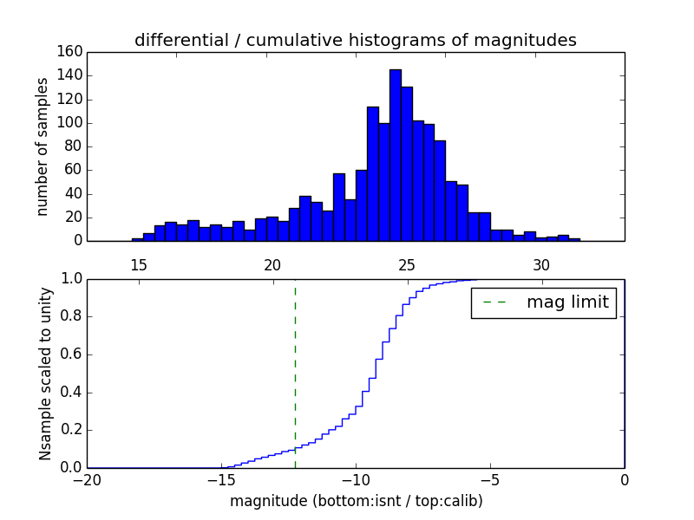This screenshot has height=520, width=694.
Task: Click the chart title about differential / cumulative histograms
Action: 355,41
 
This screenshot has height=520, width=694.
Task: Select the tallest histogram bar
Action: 395,156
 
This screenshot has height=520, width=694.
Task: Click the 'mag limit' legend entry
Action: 543,302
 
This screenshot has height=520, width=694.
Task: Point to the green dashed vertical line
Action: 295,373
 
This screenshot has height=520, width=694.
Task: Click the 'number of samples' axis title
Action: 43,146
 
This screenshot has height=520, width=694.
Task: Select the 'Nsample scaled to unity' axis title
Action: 45,374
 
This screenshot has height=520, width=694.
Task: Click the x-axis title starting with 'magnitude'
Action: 356,501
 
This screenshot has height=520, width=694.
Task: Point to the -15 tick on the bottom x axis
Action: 221,480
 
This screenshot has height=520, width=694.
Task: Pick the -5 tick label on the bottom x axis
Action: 490,480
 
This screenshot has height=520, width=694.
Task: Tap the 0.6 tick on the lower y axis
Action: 71,354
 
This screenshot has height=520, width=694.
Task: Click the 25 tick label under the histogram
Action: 407,265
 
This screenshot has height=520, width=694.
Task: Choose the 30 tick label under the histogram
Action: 541,265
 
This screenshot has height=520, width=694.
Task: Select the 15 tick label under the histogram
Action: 139,265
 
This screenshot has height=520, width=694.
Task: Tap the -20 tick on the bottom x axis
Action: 87,480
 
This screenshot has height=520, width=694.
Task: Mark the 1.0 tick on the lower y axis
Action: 71,279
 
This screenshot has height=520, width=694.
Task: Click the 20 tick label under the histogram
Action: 272,265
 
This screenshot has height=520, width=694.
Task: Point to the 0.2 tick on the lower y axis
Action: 71,430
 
